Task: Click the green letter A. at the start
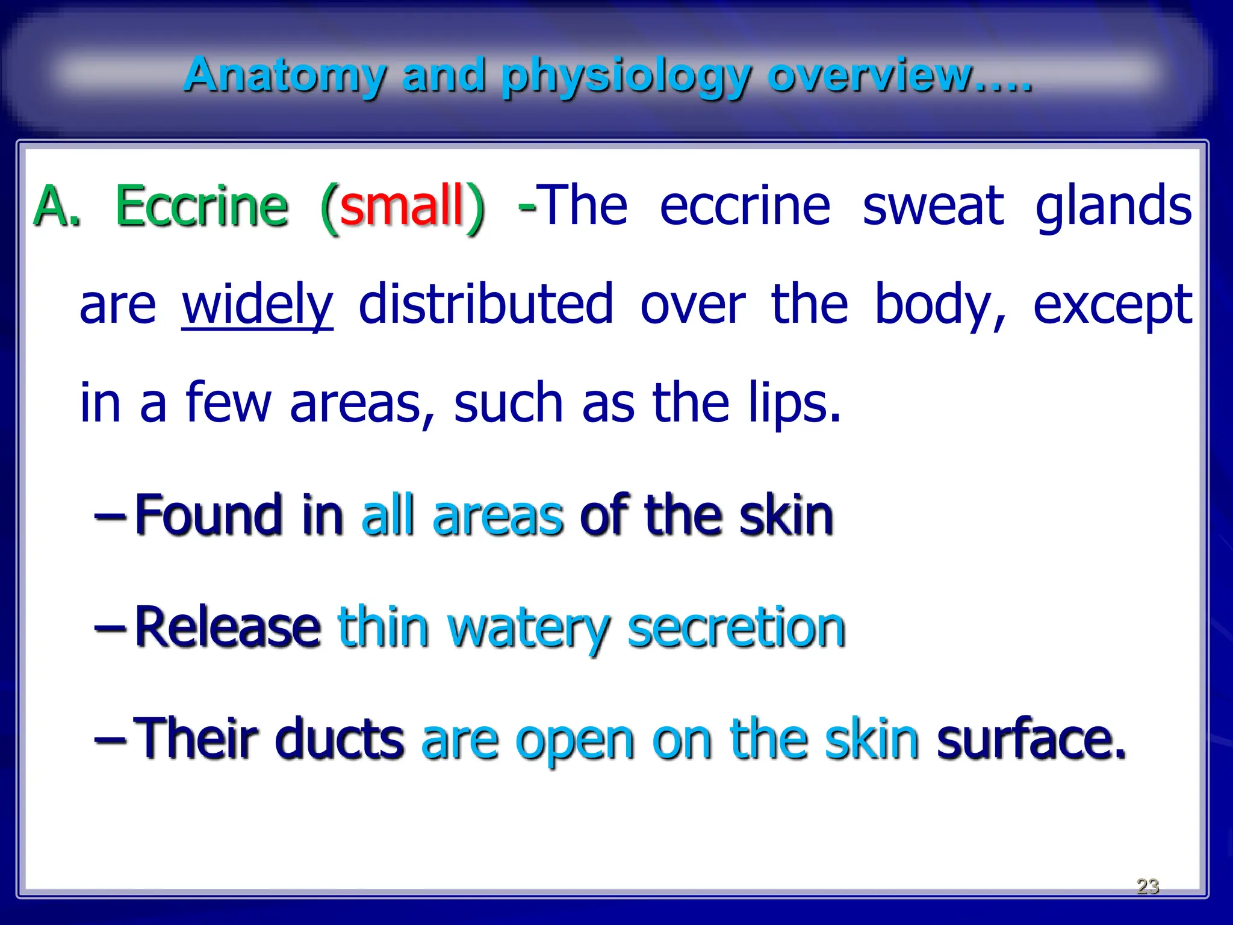click(x=57, y=207)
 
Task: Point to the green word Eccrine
click(x=202, y=207)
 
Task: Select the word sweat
click(x=933, y=207)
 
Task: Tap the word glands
click(x=1113, y=207)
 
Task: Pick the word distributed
click(x=486, y=304)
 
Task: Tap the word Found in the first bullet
click(x=208, y=515)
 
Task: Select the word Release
click(x=227, y=628)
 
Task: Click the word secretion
click(x=736, y=628)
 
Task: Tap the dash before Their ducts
click(x=110, y=740)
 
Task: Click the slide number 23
click(x=1148, y=886)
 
